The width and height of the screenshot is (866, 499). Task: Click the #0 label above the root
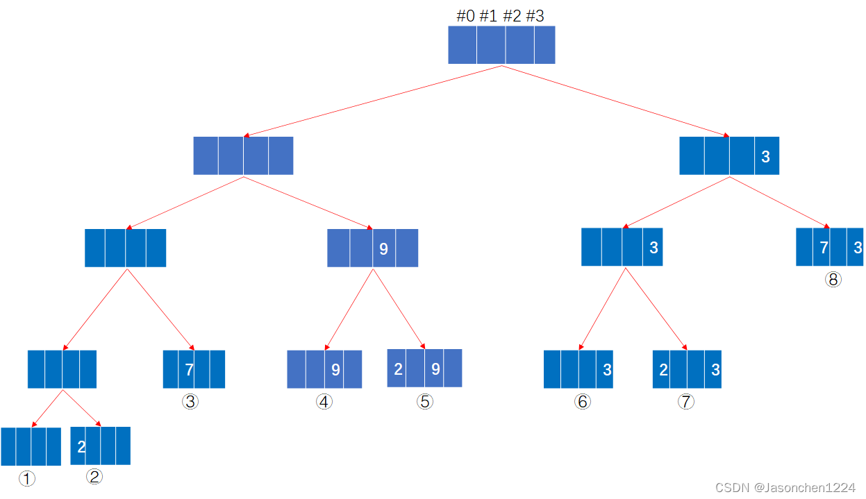tap(465, 16)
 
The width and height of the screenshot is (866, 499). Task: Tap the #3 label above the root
tap(535, 16)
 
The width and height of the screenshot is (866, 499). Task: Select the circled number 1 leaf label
tap(26, 479)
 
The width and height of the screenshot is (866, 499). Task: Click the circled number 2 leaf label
tap(94, 477)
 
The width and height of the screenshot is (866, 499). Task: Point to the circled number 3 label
tap(190, 402)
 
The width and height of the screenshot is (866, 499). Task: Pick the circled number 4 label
tap(324, 402)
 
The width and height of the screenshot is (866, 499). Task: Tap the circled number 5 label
tap(425, 402)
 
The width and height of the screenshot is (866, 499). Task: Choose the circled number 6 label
tap(583, 402)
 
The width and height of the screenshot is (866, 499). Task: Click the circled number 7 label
tap(685, 402)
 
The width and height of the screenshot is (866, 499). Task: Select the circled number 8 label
tap(833, 280)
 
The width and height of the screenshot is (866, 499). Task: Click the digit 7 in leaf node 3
tap(189, 370)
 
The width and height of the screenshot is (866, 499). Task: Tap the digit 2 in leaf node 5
tap(398, 369)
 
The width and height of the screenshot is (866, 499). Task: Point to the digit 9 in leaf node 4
tap(335, 370)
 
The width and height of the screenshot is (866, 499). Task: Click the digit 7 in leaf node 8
tap(824, 248)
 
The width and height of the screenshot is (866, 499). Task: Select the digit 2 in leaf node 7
tap(664, 370)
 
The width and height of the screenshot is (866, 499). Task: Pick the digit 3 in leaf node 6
tap(607, 370)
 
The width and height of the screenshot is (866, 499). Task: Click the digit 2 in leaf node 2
tap(81, 446)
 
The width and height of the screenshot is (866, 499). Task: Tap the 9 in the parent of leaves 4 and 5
tap(383, 248)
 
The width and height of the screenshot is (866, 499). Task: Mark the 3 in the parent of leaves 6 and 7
tap(653, 248)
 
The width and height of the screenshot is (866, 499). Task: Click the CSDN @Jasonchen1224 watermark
tap(785, 488)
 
